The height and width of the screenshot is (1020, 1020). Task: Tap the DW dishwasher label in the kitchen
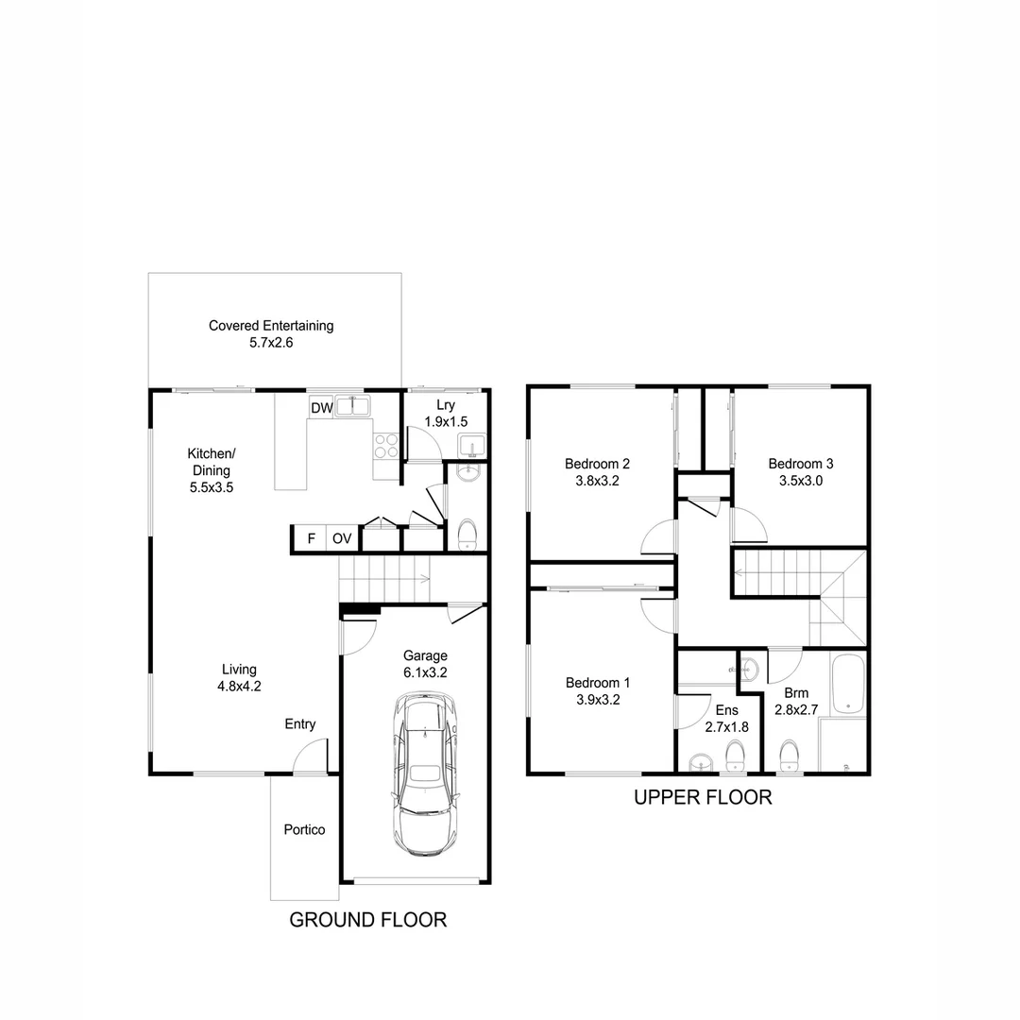(321, 408)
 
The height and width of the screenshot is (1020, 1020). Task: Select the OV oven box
(341, 539)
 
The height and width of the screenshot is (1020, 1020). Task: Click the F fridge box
(310, 539)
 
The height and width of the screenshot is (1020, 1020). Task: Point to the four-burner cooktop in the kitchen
(386, 445)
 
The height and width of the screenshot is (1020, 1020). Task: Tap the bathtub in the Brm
(849, 684)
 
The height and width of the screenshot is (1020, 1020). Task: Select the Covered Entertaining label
(271, 326)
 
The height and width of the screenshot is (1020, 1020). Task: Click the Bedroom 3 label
(800, 464)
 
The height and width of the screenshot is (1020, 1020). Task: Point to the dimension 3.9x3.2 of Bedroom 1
(597, 700)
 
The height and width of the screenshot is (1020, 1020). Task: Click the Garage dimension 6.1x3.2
(425, 673)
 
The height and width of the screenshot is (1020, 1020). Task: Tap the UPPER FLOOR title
(702, 798)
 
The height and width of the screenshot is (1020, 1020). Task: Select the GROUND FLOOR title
(367, 920)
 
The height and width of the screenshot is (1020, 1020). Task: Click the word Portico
(304, 830)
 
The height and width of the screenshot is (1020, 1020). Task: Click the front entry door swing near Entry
(309, 757)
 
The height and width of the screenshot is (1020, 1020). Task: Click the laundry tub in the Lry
(469, 445)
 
